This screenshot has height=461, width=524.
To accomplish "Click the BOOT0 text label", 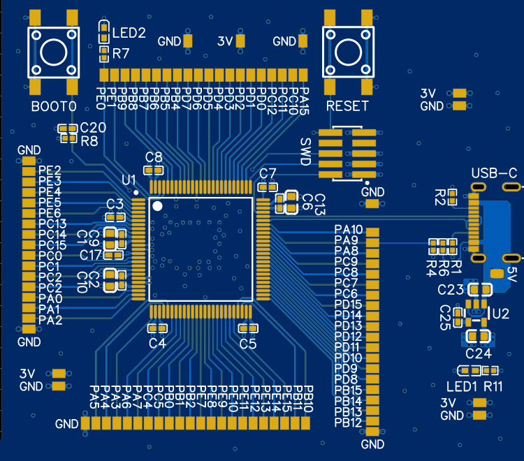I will (53, 106).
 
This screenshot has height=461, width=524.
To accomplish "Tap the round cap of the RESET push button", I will (348, 52).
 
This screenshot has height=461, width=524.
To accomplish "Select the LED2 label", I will (129, 33).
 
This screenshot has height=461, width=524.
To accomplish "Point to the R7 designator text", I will (121, 54).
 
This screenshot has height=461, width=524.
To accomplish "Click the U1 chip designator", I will (129, 181).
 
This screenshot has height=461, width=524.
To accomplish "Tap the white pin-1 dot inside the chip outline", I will (158, 205).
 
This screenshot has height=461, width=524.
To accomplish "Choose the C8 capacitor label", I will (153, 156).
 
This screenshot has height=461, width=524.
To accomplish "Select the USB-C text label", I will (494, 173).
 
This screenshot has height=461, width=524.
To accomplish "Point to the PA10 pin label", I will (349, 230).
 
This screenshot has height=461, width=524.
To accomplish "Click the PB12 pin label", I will (349, 423).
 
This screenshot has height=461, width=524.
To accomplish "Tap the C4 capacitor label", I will (157, 343).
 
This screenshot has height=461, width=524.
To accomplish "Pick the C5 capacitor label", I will (248, 343).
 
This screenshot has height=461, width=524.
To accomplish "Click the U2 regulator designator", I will (501, 314).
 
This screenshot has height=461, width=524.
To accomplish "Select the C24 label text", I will (479, 353).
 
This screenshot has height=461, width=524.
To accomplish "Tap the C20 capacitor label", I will (93, 128).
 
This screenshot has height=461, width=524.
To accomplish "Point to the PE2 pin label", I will (50, 170).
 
